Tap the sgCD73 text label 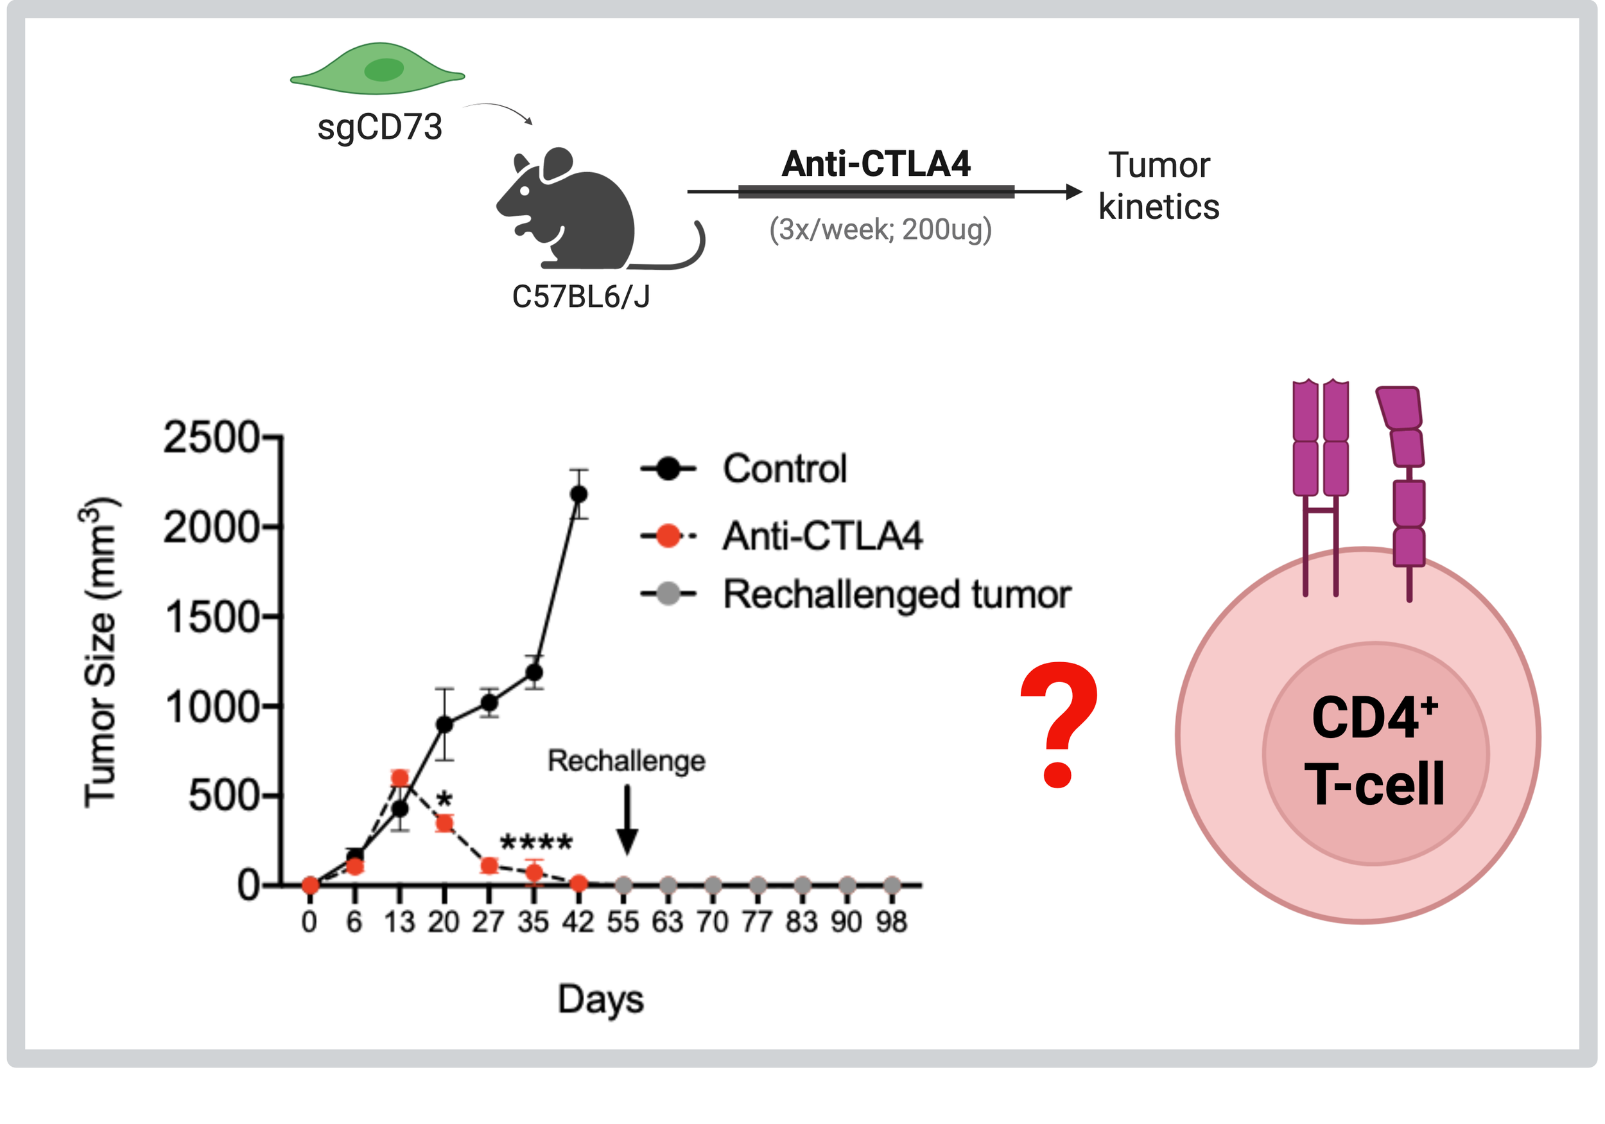point(379,127)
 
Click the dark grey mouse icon point(573,210)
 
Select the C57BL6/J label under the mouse point(581,297)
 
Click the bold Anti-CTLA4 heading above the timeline point(876,164)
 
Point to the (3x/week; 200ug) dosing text point(880,229)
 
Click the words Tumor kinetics point(1158,186)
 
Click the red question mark point(1059,724)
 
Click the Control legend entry point(785,469)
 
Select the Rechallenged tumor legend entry point(896,595)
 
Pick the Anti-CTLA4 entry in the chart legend point(822,536)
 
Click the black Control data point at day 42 point(578,495)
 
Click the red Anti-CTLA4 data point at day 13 point(400,778)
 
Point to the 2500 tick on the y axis point(211,439)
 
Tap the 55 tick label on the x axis point(623,922)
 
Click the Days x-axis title point(600,999)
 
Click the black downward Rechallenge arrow point(627,818)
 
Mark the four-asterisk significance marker point(536,842)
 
